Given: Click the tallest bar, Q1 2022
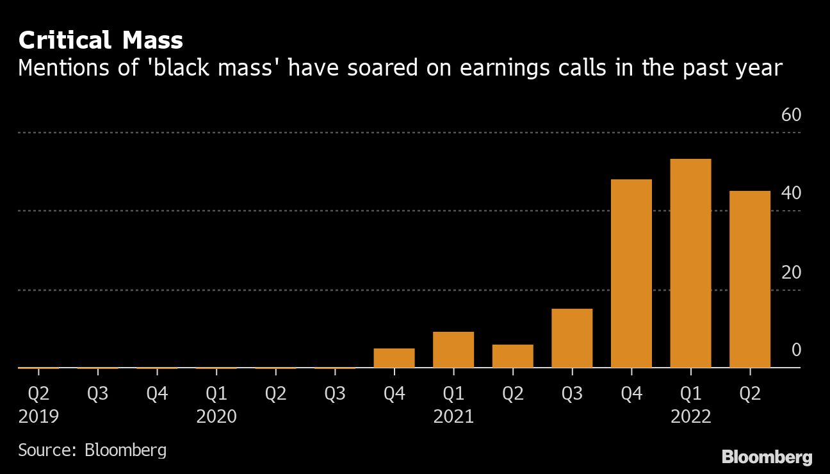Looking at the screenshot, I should click(x=690, y=263).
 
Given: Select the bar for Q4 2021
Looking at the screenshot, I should click(x=631, y=274).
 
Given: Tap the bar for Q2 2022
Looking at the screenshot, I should click(x=750, y=279).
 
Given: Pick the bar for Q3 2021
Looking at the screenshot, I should click(x=572, y=338).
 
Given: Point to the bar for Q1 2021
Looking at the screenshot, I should click(x=453, y=350).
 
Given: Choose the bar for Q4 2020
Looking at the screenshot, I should click(x=394, y=358).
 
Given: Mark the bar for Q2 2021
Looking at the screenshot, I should click(x=512, y=356).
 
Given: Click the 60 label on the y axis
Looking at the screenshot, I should click(x=792, y=115).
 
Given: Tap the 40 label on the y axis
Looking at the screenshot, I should click(x=792, y=193).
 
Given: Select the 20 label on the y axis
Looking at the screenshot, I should click(x=792, y=272).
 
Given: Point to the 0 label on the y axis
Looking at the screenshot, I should click(x=796, y=350).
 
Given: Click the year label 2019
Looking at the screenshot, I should click(x=38, y=417).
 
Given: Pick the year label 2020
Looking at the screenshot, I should click(x=216, y=417).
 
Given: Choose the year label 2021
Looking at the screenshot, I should click(x=453, y=417).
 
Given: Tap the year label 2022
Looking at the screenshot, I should click(x=690, y=417).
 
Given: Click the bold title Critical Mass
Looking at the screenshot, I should click(x=101, y=41).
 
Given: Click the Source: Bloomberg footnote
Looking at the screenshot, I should click(x=92, y=450).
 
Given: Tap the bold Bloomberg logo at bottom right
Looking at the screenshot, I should click(x=767, y=457).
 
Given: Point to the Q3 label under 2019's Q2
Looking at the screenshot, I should click(x=98, y=393).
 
